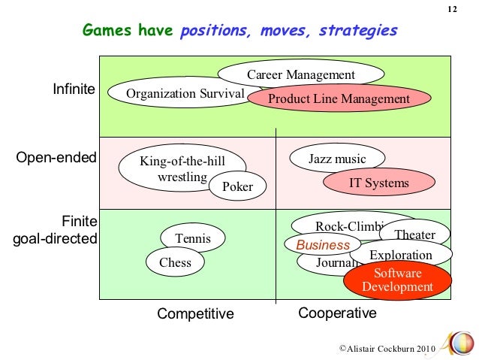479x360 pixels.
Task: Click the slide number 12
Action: point(452,9)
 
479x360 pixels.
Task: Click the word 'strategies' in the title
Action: point(358,31)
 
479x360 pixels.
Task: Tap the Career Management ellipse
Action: point(300,74)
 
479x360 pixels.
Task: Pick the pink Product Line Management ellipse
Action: point(339,99)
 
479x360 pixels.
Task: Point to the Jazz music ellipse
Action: point(337,159)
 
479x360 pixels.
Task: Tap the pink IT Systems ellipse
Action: point(379,183)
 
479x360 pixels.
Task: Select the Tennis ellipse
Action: point(193,239)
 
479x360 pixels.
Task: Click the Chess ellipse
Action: point(175,262)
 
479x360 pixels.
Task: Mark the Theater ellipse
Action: point(415,234)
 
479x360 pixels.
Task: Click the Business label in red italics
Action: point(323,245)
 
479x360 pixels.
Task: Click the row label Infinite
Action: point(74,89)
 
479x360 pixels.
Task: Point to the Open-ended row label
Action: point(56,158)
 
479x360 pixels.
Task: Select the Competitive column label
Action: point(195,313)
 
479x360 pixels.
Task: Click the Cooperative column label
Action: point(337,313)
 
